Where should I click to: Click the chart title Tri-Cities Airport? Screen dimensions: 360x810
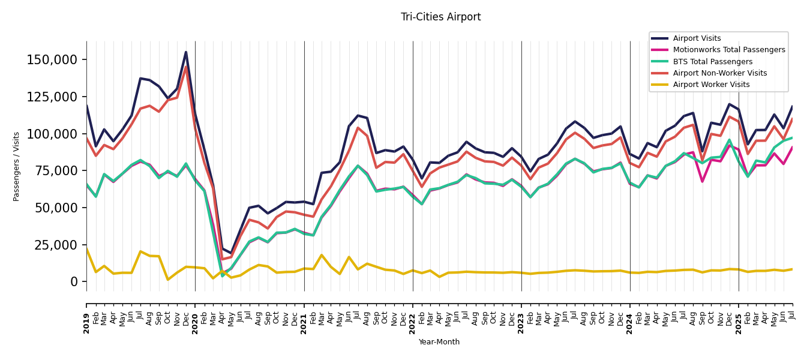point(440,17)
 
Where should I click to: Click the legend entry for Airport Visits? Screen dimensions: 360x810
point(697,38)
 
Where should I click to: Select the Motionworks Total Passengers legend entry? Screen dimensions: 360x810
point(728,50)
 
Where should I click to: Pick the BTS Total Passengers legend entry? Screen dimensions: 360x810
point(712,62)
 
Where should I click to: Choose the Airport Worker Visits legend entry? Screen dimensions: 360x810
point(711,85)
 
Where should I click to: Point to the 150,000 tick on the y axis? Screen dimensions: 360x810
point(52,60)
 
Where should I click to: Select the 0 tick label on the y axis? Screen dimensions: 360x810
point(74,281)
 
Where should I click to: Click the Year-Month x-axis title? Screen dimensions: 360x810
point(439,342)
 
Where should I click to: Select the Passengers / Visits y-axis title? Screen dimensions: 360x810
point(17,166)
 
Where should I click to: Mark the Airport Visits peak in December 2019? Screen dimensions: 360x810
point(186,52)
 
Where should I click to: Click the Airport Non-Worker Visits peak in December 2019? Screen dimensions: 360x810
point(186,67)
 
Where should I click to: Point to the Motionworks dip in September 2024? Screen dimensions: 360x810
point(702,181)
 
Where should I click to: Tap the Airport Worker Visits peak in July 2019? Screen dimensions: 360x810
point(140,251)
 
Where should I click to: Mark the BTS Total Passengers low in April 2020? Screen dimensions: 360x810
point(222,275)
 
